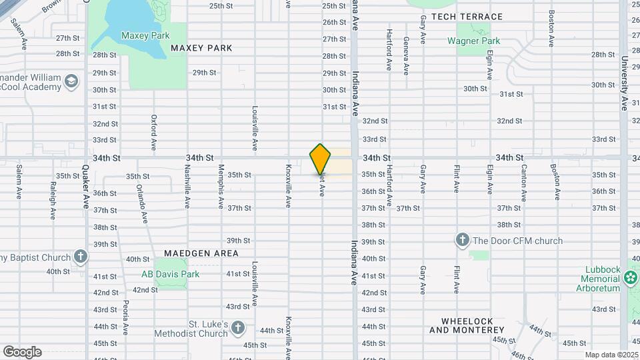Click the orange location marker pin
click(321, 159)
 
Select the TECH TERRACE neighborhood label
click(467, 17)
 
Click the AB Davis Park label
click(170, 274)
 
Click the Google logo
click(22, 351)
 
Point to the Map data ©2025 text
click(611, 355)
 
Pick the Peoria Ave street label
click(125, 317)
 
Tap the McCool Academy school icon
click(70, 82)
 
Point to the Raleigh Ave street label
click(52, 200)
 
